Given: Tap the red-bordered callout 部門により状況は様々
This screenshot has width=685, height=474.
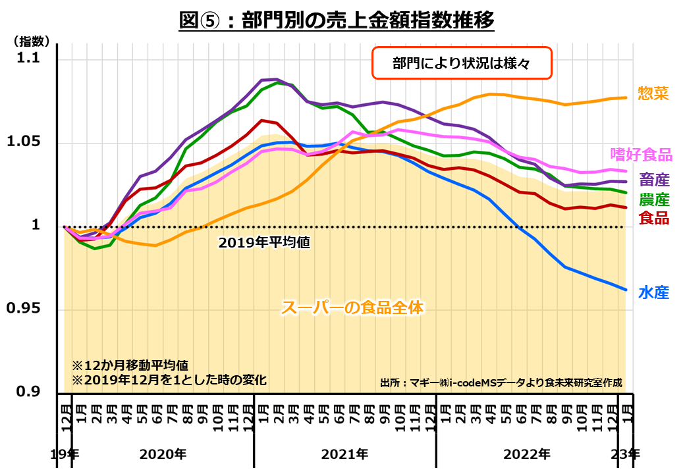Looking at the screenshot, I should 461,64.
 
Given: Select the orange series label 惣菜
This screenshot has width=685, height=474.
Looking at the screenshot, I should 653,93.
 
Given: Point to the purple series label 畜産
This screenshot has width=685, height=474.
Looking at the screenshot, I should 653,180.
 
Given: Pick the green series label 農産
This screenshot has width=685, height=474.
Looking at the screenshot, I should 653,199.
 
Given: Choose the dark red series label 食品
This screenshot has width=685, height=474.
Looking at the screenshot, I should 653,218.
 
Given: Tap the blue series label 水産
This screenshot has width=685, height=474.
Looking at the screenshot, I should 653,292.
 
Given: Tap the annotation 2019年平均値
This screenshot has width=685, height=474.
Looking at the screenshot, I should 264,242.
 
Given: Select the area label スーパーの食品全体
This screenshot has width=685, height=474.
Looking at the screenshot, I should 352,307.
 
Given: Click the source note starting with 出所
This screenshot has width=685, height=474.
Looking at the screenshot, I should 501,382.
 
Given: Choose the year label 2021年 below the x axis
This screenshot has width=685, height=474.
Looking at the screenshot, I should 344,454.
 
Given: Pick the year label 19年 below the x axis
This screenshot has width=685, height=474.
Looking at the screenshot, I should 65,454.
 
